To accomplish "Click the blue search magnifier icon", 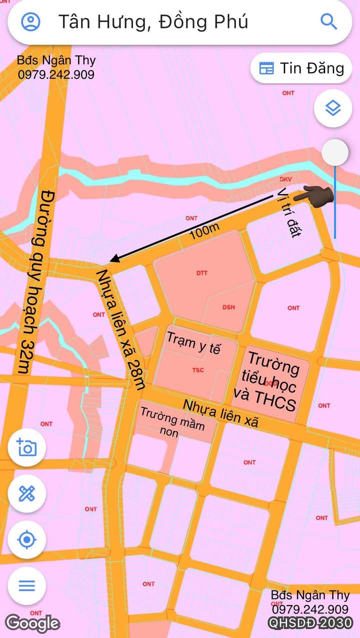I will [x=328, y=22].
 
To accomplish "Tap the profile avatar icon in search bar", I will [x=31, y=22].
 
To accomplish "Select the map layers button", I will [x=332, y=108].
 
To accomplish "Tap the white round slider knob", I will [x=334, y=152].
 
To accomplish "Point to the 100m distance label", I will [x=204, y=231].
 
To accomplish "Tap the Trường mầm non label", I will [x=172, y=422].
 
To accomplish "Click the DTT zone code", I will [x=202, y=273].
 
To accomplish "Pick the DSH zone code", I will [x=228, y=307].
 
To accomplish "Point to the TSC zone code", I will [x=198, y=371].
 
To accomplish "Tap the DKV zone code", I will [x=285, y=179].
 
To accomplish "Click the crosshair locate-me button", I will [x=26, y=540].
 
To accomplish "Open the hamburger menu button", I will [x=26, y=585].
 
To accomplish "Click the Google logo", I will [x=32, y=623].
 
